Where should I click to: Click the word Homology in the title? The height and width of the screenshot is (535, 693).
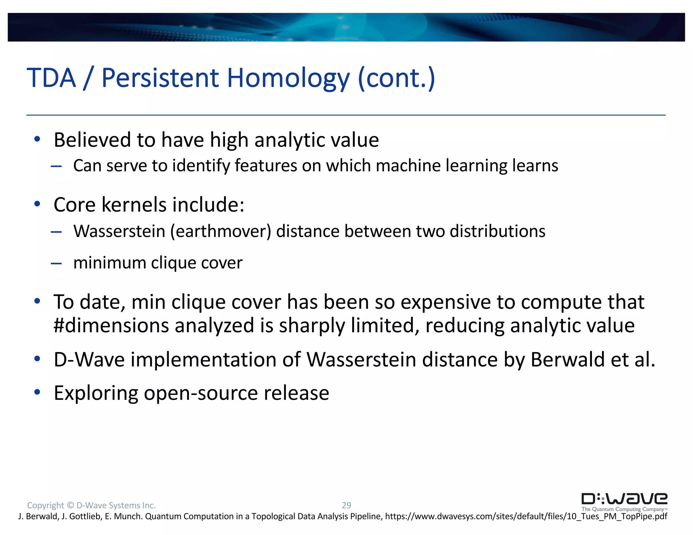click(288, 78)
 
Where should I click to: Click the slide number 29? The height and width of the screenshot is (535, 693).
click(346, 505)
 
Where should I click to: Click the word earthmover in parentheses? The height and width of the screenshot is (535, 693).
click(221, 231)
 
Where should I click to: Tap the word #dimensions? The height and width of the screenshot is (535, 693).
click(111, 326)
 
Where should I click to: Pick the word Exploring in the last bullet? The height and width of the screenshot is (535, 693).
click(96, 393)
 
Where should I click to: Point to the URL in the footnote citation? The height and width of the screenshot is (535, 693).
click(526, 516)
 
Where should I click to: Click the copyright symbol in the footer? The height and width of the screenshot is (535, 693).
click(70, 505)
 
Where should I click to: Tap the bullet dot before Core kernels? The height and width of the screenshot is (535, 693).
click(37, 204)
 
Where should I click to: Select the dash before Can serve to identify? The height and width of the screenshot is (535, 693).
click(56, 166)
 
